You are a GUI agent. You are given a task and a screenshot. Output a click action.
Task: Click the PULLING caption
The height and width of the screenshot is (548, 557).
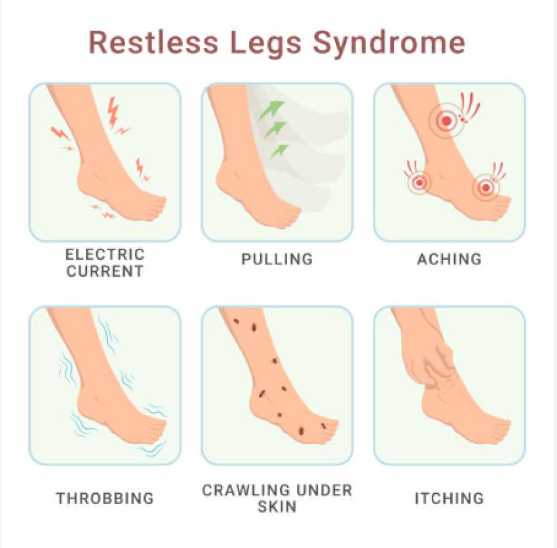pyautogui.click(x=277, y=259)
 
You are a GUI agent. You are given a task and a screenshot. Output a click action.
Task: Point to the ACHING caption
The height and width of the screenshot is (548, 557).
pyautogui.click(x=450, y=259)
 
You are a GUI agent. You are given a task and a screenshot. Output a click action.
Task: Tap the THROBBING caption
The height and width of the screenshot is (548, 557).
pyautogui.click(x=105, y=498)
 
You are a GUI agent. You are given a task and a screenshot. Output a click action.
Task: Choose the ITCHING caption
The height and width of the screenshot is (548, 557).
pyautogui.click(x=450, y=498)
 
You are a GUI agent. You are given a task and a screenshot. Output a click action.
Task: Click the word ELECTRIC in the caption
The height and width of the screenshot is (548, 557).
pyautogui.click(x=105, y=253)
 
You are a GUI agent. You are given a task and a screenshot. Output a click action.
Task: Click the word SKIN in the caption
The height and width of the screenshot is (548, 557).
pyautogui.click(x=277, y=506)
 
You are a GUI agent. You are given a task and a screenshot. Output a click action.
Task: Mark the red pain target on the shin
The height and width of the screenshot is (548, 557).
pyautogui.click(x=446, y=120)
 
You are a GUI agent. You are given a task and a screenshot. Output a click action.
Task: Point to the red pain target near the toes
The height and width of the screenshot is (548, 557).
pyautogui.click(x=485, y=188)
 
